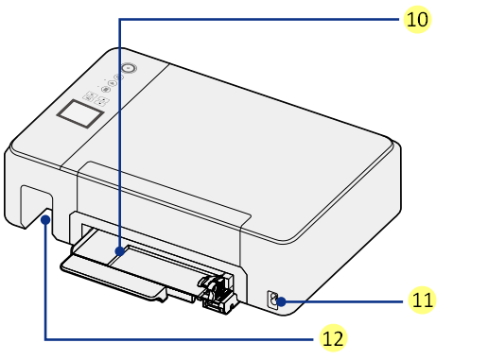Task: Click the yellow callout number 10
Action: tap(417, 20)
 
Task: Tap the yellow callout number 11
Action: tap(422, 300)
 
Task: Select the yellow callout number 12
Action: tap(333, 338)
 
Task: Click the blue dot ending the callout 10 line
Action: tap(120, 251)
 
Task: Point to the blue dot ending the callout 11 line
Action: tap(281, 301)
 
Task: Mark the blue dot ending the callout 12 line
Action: tap(46, 219)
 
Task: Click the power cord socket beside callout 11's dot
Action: tap(272, 300)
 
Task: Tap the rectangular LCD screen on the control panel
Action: tap(80, 114)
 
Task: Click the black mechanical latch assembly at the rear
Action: tap(217, 293)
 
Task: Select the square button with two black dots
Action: tap(101, 101)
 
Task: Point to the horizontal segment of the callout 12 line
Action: tap(179, 339)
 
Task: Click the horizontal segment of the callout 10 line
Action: tap(259, 20)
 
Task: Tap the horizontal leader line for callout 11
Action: tap(342, 301)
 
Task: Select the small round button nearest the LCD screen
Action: tap(106, 90)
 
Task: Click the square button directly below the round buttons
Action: tap(90, 95)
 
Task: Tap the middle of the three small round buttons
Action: tap(112, 83)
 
